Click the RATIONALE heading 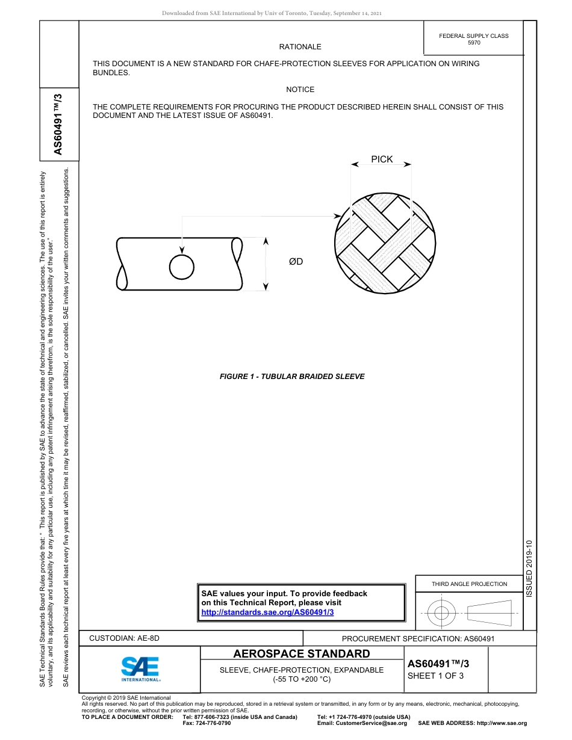(x=300, y=47)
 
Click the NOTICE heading (x=300, y=90)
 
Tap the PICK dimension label (x=382, y=159)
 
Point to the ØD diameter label (x=296, y=262)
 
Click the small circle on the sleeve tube (x=181, y=267)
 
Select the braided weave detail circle (x=384, y=242)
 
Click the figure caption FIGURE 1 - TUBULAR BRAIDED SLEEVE (x=292, y=377)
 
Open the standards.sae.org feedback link (x=267, y=612)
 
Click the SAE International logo (x=140, y=668)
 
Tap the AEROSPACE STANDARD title (x=302, y=654)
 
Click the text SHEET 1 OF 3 (x=435, y=676)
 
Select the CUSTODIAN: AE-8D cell (x=125, y=638)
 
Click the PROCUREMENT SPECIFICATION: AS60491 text (x=418, y=638)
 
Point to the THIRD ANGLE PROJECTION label (x=469, y=584)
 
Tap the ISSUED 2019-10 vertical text (x=529, y=569)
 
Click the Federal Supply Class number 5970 (x=474, y=43)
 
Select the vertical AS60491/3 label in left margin (x=58, y=124)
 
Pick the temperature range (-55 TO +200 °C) (x=302, y=679)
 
